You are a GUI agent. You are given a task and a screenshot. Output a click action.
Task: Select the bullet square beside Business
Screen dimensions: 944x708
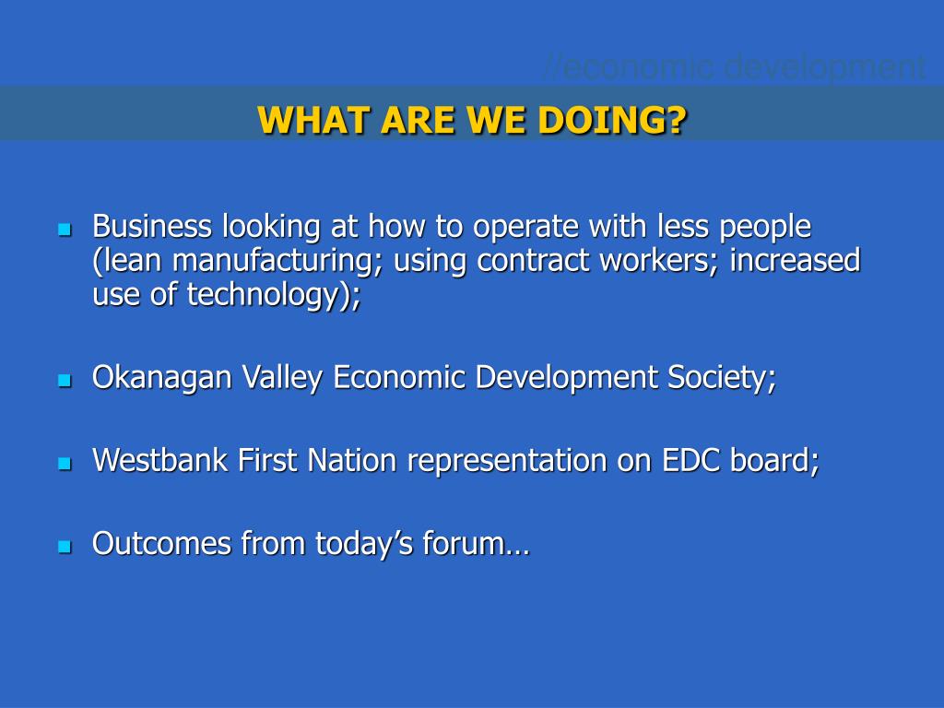point(65,230)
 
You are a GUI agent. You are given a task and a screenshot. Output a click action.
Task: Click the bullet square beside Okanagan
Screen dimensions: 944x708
point(65,380)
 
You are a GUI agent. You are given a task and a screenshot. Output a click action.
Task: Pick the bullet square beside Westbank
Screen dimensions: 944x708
point(65,463)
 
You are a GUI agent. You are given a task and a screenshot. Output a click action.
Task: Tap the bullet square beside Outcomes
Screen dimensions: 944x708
point(65,546)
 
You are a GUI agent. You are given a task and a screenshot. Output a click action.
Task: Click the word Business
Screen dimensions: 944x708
point(152,227)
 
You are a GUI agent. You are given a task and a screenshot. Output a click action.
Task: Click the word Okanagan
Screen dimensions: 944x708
point(162,378)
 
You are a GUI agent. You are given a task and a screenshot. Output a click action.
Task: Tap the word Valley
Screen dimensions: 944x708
point(282,378)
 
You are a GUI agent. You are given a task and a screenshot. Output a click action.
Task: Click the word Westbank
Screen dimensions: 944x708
point(160,460)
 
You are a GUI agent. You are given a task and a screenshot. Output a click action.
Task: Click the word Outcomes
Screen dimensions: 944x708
point(161,543)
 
